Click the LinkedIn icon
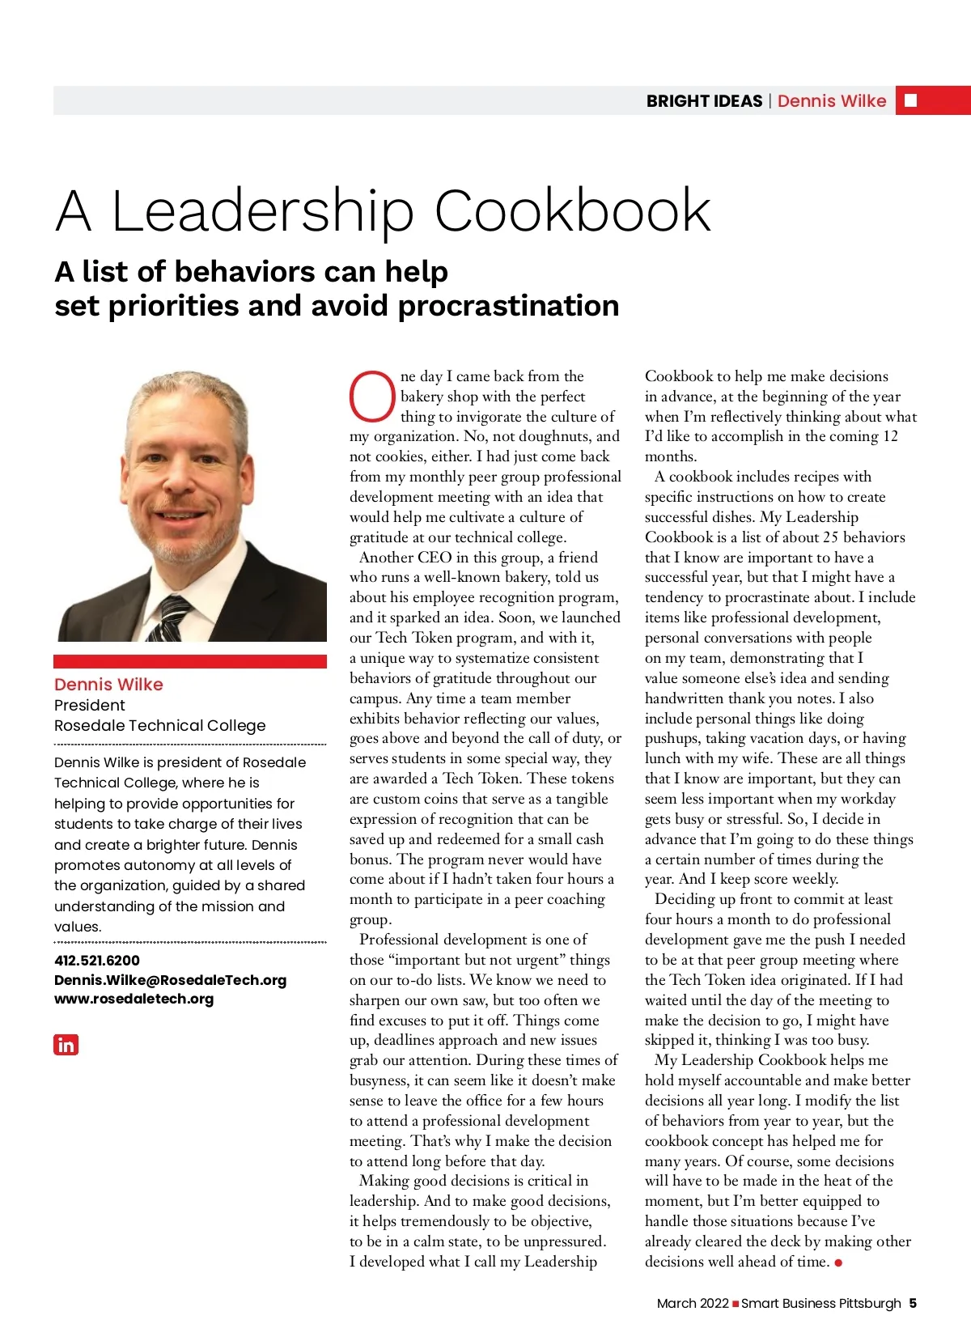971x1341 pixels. click(66, 1045)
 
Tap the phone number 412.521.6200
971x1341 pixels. click(96, 961)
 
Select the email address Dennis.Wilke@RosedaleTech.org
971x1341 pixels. click(170, 980)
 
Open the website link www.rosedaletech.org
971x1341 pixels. click(134, 999)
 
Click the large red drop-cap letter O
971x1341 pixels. click(372, 397)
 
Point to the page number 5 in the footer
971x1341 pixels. click(913, 1303)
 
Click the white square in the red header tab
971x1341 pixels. click(910, 100)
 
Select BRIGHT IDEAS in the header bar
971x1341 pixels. click(704, 101)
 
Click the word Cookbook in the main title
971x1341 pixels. click(572, 211)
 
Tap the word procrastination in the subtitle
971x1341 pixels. click(508, 306)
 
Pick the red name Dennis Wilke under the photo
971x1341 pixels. click(108, 685)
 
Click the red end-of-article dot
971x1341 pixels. click(838, 1262)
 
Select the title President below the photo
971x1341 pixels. click(89, 705)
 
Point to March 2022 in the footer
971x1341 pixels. click(693, 1303)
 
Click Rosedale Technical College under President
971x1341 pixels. click(159, 725)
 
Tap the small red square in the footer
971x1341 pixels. click(736, 1304)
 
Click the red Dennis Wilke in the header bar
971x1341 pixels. click(832, 101)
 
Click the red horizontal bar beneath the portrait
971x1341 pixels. click(190, 661)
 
